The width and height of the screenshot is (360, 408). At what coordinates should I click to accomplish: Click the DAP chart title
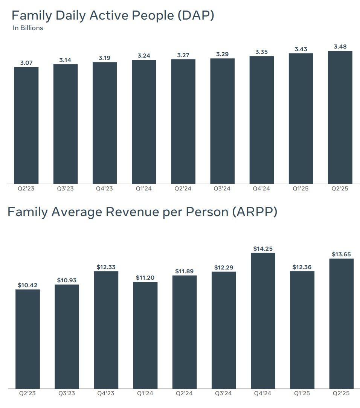113,15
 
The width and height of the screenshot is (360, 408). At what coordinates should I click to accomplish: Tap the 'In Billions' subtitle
28,28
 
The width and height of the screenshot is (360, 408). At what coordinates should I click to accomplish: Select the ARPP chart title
142,212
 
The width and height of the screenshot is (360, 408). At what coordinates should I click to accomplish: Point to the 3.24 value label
144,56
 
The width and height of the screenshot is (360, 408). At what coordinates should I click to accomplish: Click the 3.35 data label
261,52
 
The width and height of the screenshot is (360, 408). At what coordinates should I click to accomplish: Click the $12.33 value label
106,267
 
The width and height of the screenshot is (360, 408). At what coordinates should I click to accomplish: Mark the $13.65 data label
341,254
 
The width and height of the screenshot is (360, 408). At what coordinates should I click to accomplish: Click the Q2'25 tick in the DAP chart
340,189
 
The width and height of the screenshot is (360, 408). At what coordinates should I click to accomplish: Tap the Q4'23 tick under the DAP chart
104,189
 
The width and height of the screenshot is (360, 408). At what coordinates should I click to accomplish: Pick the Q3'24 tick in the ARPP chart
223,393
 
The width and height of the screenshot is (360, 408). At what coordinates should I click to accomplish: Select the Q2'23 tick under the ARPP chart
27,393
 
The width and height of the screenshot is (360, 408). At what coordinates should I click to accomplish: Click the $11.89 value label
185,271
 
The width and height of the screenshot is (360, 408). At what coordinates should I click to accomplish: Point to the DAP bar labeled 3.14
66,124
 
